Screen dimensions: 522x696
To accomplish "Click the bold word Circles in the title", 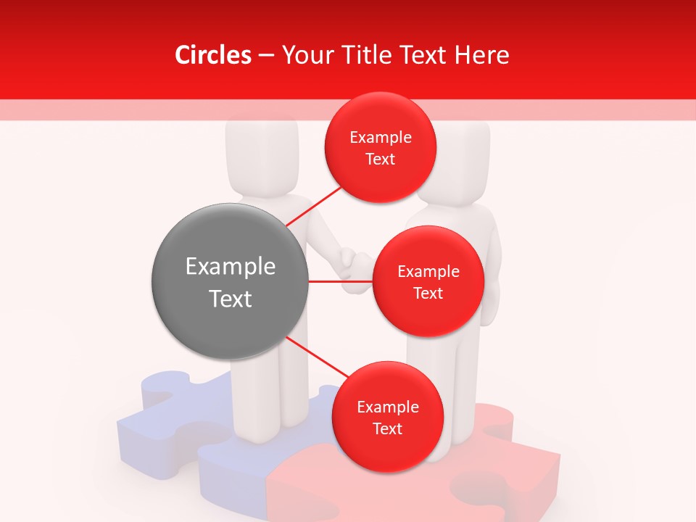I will coord(212,55).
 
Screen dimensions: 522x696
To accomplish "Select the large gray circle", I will coord(230,281).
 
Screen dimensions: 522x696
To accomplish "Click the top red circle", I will coord(380,148).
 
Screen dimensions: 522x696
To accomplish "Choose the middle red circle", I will coord(428,281).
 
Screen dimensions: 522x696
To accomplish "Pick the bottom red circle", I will coord(387,418).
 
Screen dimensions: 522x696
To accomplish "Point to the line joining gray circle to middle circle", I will coord(341,281).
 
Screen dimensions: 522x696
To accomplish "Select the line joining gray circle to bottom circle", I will coord(316,358).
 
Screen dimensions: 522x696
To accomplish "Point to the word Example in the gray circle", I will coord(230,267).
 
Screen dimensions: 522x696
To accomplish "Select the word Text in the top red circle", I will coord(380,159).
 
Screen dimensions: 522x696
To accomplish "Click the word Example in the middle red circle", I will coord(428,272).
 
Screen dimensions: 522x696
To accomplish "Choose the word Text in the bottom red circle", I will coord(387,429).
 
